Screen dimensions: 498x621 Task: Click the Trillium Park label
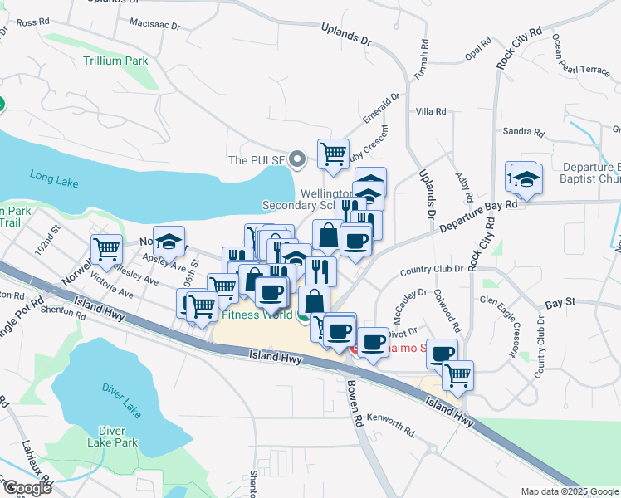[114, 61]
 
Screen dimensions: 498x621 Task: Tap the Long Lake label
[52, 176]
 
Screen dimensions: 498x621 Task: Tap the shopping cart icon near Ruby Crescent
[333, 154]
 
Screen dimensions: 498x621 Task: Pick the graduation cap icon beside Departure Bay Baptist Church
[526, 179]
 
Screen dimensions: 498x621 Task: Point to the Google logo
[27, 487]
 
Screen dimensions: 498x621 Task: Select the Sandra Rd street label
[523, 132]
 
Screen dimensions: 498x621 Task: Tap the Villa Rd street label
[431, 111]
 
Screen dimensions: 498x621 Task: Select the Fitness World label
[257, 315]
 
